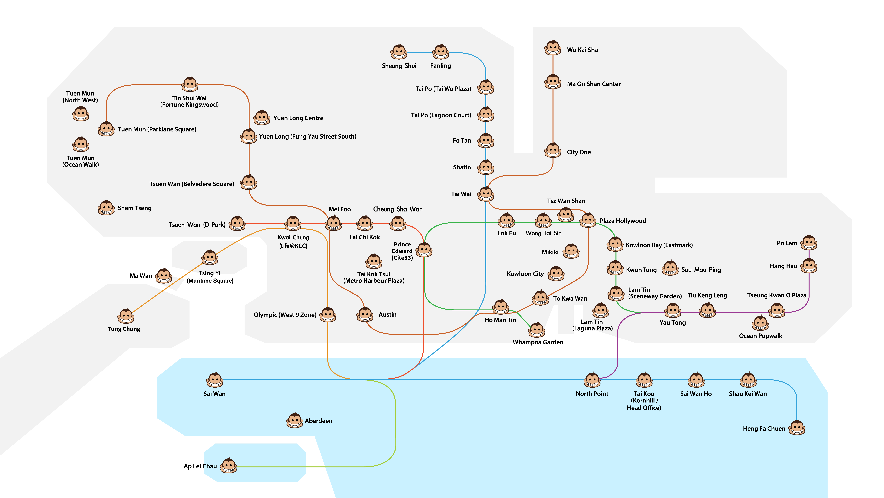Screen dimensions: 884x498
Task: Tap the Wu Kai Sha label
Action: click(582, 50)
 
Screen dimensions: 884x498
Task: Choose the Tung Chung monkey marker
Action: click(126, 316)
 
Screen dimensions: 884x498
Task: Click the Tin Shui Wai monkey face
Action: click(190, 84)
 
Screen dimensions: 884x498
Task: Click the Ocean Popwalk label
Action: click(760, 336)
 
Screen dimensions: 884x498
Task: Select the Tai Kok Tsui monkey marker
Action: click(374, 262)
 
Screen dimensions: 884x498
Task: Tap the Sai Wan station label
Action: click(214, 394)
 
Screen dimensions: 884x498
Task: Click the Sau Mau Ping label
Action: click(701, 270)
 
